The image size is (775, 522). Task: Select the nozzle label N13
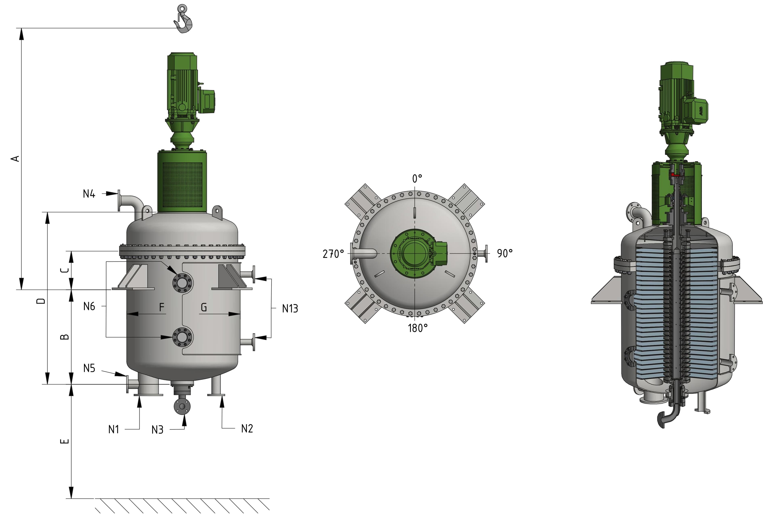[290, 309]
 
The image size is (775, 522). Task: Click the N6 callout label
[89, 306]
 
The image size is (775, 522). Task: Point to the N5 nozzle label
[89, 368]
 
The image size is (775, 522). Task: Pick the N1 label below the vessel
[114, 429]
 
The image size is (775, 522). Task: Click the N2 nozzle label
[247, 428]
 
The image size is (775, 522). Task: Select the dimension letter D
[41, 301]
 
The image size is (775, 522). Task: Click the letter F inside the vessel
[162, 307]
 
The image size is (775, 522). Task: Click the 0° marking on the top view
[417, 179]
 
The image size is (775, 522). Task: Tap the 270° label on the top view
[333, 254]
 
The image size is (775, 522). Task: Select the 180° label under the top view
[418, 328]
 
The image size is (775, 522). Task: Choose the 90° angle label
[505, 253]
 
